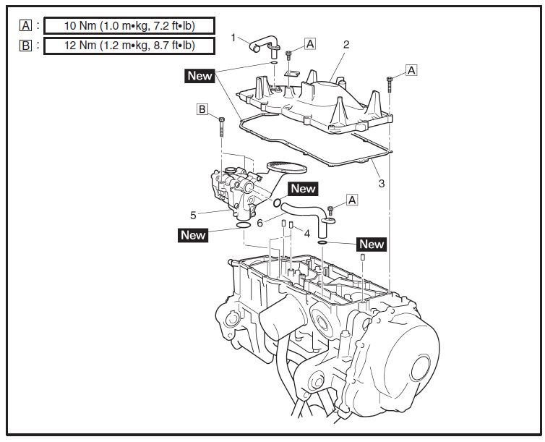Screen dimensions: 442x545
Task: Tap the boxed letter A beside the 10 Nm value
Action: pyautogui.click(x=26, y=26)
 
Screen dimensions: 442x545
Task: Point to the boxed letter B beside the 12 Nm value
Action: pyautogui.click(x=26, y=46)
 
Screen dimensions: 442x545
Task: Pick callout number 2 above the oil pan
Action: pyautogui.click(x=346, y=44)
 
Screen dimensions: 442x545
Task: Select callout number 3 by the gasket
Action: pyautogui.click(x=382, y=183)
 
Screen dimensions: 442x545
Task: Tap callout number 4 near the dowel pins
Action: pyautogui.click(x=306, y=234)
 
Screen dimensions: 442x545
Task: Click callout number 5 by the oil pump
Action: pyautogui.click(x=193, y=214)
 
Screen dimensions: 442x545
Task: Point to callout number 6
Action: pyautogui.click(x=259, y=223)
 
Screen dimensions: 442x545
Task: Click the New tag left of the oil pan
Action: pyautogui.click(x=200, y=75)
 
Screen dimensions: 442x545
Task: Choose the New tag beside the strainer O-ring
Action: pyautogui.click(x=303, y=189)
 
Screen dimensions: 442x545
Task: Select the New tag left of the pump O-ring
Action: pyautogui.click(x=193, y=234)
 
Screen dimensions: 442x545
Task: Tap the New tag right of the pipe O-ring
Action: pyautogui.click(x=372, y=244)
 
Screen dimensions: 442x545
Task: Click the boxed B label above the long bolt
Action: pyautogui.click(x=204, y=109)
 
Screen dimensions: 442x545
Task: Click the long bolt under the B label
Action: pyautogui.click(x=221, y=129)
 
